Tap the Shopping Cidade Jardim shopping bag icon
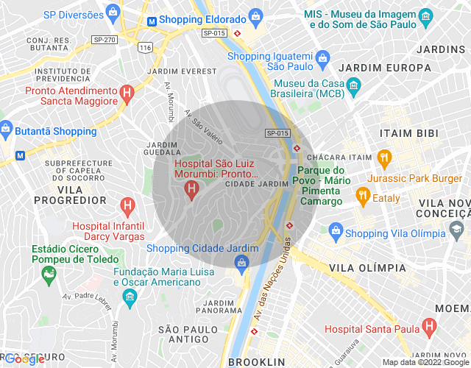pyautogui.click(x=243, y=262)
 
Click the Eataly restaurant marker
pyautogui.click(x=362, y=197)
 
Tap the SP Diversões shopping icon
pyautogui.click(x=111, y=13)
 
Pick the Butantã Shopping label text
pyautogui.click(x=55, y=131)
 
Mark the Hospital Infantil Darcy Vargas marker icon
pyautogui.click(x=127, y=205)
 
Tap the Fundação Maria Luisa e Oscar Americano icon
pyautogui.click(x=130, y=297)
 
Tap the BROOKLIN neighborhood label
pyautogui.click(x=256, y=362)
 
